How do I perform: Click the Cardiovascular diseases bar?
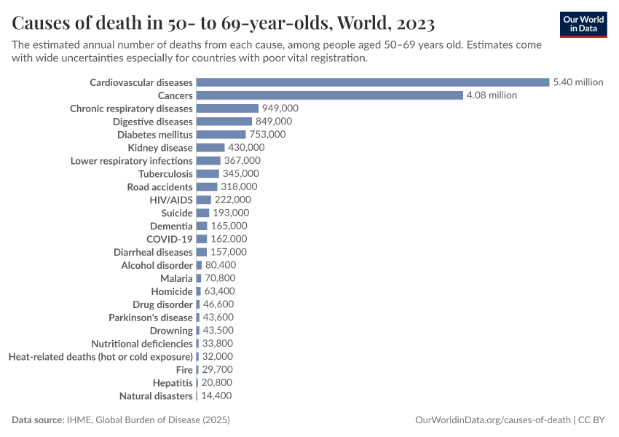pos(372,82)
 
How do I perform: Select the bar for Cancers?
pos(329,95)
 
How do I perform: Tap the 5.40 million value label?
pos(578,82)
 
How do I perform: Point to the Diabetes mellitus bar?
pos(221,135)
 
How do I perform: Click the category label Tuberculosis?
pos(165,174)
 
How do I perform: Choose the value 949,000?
pos(280,109)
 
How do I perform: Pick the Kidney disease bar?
pos(210,148)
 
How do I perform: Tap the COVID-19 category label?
pos(169,239)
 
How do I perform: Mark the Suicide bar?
pos(202,213)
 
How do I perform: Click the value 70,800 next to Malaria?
pos(216,278)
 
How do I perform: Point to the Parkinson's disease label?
pos(151,318)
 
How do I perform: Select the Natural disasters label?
pos(156,396)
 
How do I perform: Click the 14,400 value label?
pos(216,396)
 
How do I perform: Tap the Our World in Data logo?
pos(583,24)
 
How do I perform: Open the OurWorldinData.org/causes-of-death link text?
pos(492,420)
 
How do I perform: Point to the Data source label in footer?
pos(38,420)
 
